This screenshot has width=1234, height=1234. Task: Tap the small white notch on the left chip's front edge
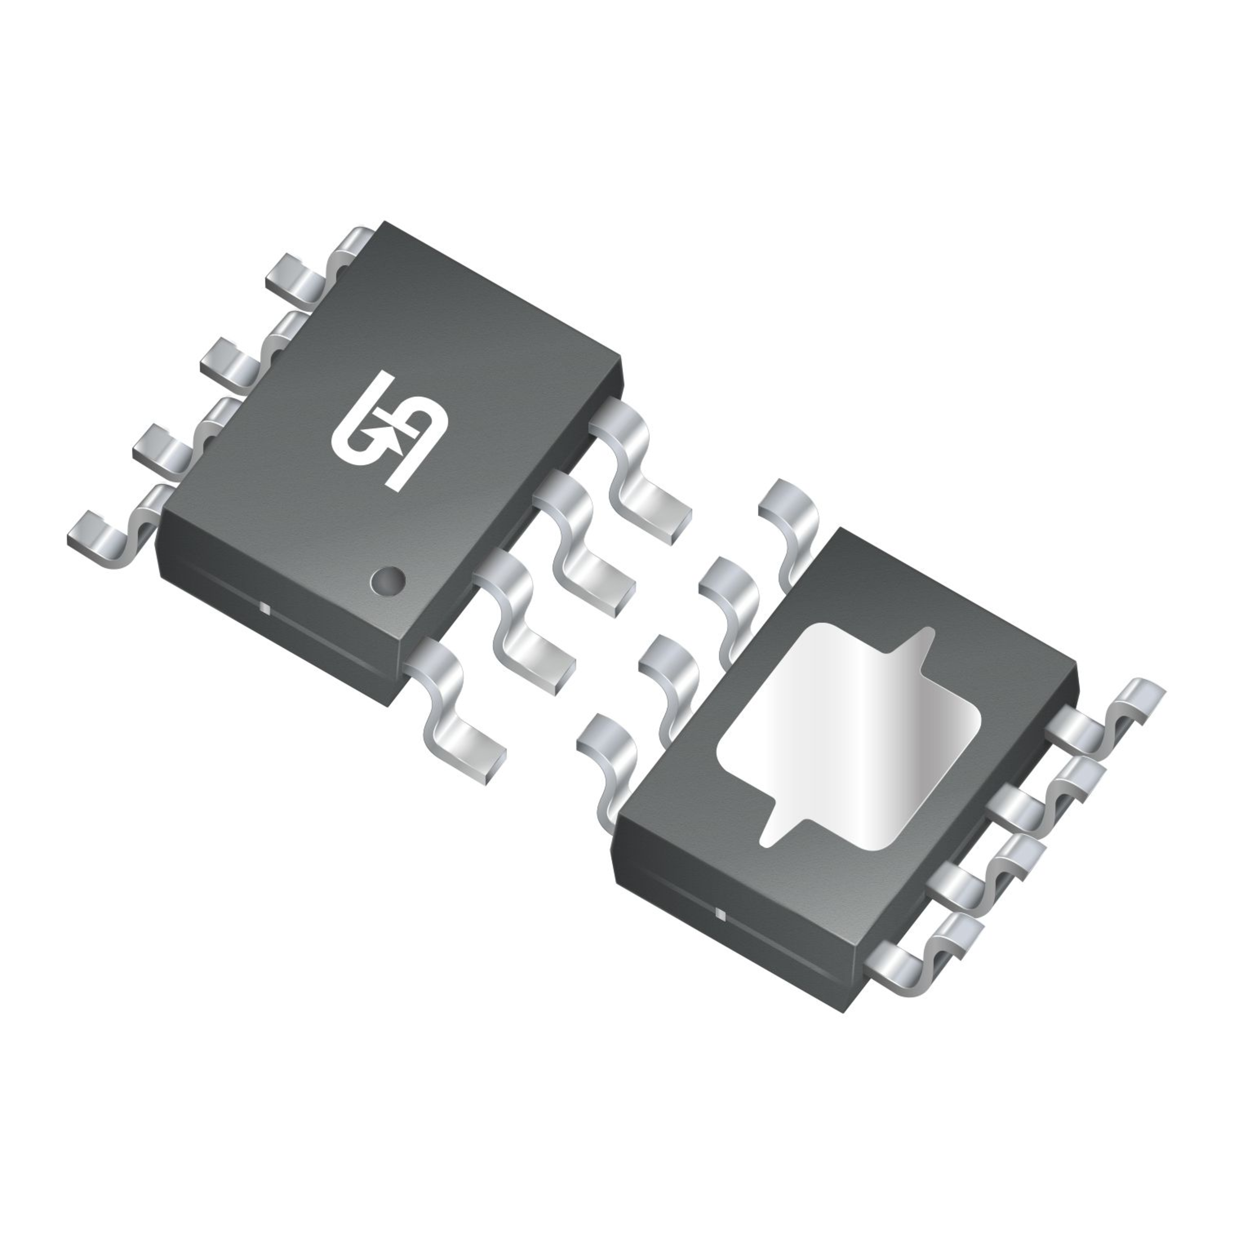[x=264, y=607]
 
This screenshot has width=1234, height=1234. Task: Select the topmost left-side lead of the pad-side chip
[x=789, y=517]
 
